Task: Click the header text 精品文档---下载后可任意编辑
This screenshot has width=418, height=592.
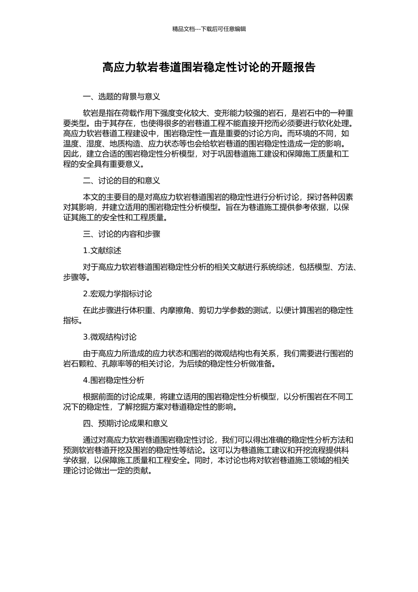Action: pos(209,29)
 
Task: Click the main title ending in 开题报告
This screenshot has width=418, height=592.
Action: pos(209,67)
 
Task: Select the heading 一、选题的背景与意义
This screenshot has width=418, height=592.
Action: pos(121,96)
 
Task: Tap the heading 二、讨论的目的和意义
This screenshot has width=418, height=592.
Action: pos(121,181)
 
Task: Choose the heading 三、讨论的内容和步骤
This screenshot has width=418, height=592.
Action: pos(121,234)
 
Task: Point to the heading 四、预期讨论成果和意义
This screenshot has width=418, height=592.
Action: pos(125,423)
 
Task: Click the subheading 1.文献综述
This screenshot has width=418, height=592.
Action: pos(102,251)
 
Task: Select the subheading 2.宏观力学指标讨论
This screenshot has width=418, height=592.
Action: pos(117,294)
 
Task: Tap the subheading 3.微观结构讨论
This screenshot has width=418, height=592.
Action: pos(110,337)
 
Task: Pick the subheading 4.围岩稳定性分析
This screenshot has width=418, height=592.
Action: pos(114,380)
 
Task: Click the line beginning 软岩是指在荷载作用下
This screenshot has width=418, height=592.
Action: pos(218,113)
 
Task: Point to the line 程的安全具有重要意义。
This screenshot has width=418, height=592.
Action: pos(103,164)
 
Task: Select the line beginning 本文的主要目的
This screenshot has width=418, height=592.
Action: pos(218,197)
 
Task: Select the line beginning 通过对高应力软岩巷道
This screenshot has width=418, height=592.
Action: pos(218,440)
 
